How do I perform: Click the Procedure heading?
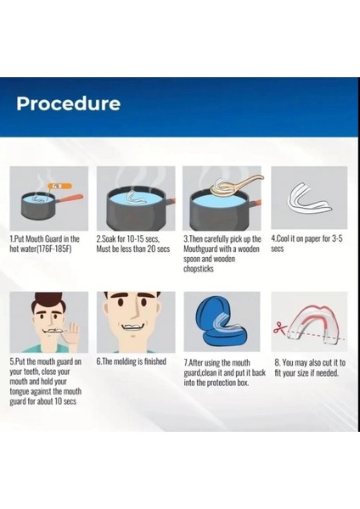point(69,103)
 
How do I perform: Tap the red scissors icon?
point(278,327)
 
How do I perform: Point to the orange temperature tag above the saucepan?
point(59,187)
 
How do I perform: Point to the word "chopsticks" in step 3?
point(199,270)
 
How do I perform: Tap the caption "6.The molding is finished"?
point(132,361)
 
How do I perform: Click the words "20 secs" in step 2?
point(159,249)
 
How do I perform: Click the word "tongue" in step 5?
point(19,392)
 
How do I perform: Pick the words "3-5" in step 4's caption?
point(337,239)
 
